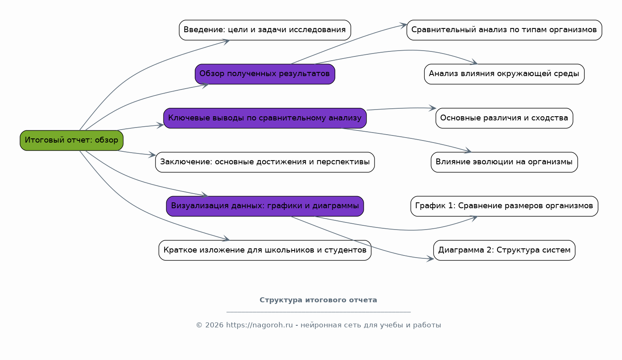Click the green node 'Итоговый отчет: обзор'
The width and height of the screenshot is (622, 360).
pyautogui.click(x=71, y=140)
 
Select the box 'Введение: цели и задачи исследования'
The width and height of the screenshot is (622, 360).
pyautogui.click(x=265, y=30)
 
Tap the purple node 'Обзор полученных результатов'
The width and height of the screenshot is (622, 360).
pyautogui.click(x=265, y=74)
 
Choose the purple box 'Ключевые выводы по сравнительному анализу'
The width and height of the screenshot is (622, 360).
pyautogui.click(x=265, y=118)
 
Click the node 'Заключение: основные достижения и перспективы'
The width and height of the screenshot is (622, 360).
pyautogui.click(x=265, y=162)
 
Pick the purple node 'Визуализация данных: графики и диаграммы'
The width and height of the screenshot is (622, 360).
pyautogui.click(x=265, y=206)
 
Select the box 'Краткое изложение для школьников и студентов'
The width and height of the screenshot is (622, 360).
pyautogui.click(x=265, y=250)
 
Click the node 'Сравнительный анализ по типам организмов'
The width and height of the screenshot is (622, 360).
pyautogui.click(x=504, y=30)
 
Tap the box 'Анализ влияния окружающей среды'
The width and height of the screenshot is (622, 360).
pyautogui.click(x=504, y=74)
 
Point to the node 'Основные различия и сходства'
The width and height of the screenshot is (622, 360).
pyautogui.click(x=504, y=118)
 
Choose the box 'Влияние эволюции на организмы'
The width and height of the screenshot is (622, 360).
pyautogui.click(x=504, y=162)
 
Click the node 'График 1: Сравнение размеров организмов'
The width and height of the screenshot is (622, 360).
pyautogui.click(x=504, y=206)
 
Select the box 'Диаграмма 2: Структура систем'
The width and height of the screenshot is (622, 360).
pyautogui.click(x=504, y=250)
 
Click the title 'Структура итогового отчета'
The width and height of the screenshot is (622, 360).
pyautogui.click(x=318, y=300)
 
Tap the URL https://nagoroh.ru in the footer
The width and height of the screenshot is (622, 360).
pyautogui.click(x=259, y=325)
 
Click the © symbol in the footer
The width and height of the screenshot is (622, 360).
pyautogui.click(x=199, y=325)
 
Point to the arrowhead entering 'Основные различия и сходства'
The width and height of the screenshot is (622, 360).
pyautogui.click(x=433, y=108)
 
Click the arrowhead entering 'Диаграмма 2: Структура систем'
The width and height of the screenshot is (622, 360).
pyautogui.click(x=431, y=259)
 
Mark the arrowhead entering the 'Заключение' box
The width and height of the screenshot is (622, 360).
pyautogui.click(x=152, y=155)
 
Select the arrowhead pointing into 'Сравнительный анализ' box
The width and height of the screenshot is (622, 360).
pyautogui.click(x=403, y=26)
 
